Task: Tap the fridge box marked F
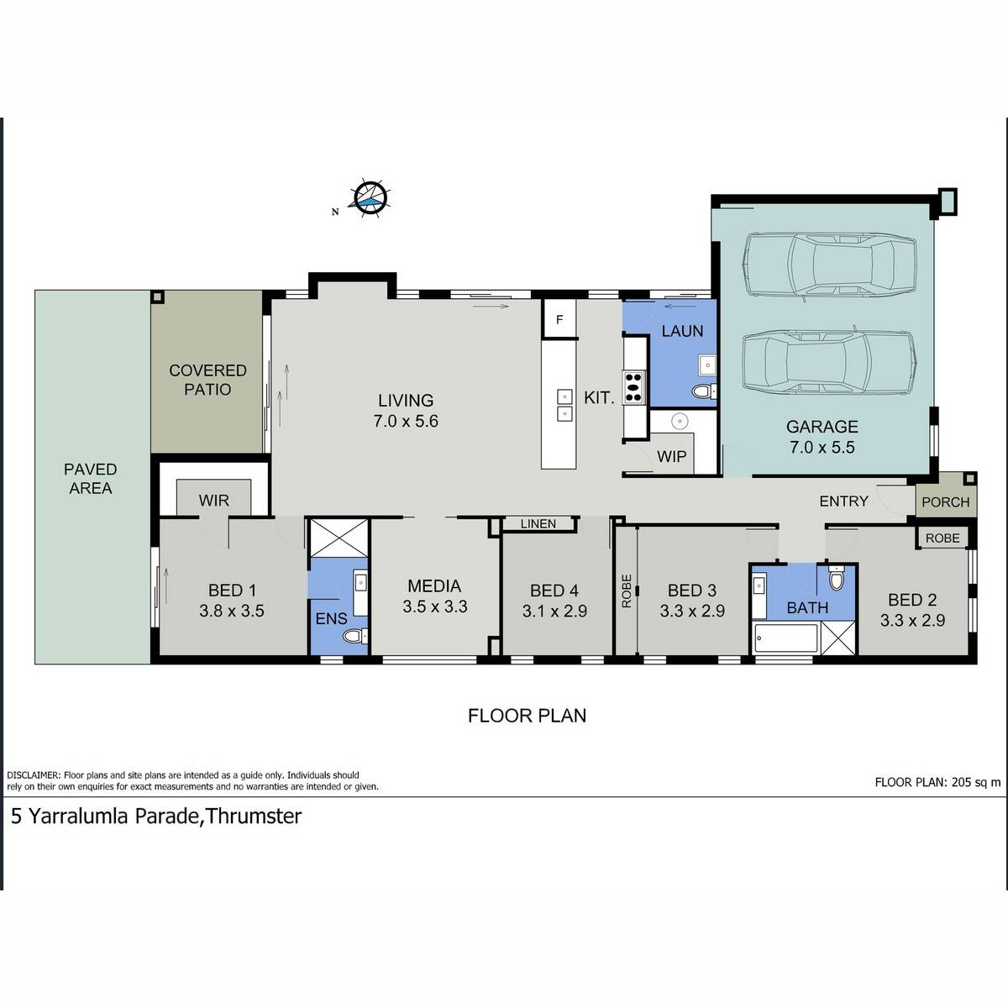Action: (559, 319)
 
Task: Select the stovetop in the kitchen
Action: (633, 387)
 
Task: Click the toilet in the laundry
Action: (704, 391)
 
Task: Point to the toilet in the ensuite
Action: (355, 636)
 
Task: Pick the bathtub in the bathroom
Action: (785, 638)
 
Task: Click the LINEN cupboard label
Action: (538, 523)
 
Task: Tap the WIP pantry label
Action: (672, 457)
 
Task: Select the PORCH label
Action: (946, 502)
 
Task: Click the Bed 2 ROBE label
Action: (942, 538)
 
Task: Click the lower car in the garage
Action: (830, 364)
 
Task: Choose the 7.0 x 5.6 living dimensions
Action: (406, 421)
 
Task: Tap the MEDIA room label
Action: (434, 585)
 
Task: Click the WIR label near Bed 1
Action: (214, 501)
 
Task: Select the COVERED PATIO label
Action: (207, 380)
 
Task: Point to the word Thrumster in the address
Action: (253, 816)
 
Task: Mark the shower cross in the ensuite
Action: (339, 538)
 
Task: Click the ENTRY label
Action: (843, 501)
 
